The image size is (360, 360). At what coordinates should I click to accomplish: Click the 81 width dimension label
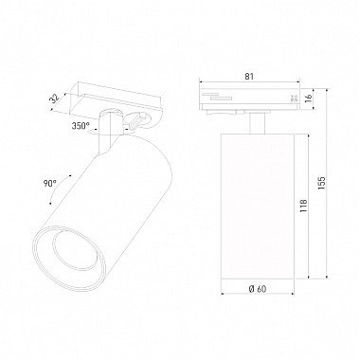coord(249,76)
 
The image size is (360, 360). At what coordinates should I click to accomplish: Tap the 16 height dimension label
coord(309,98)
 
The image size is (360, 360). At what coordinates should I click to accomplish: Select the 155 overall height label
coord(321,184)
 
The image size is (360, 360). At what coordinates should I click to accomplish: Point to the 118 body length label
coord(304,206)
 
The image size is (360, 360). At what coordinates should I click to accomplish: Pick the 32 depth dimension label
coord(55,99)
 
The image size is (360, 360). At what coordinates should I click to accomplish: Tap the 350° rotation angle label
coord(81,126)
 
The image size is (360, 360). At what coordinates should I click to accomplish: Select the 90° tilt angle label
coord(50,183)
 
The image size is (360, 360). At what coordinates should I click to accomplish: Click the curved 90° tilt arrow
coord(57,189)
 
